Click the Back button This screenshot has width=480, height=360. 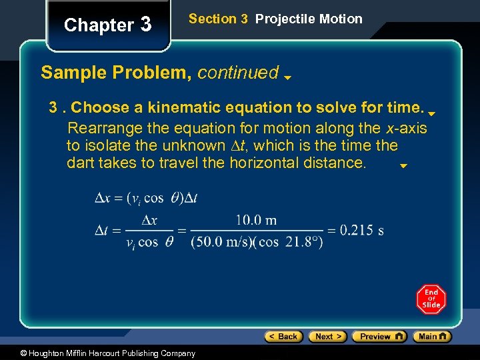point(283,337)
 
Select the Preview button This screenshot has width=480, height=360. point(379,337)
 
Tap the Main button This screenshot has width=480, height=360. point(432,337)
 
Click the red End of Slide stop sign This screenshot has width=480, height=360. point(431,299)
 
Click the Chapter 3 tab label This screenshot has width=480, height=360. point(107,25)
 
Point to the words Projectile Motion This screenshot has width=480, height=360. point(309,19)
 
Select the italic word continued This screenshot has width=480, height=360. point(237,72)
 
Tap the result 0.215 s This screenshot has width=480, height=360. point(361,231)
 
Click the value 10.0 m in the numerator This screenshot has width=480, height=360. point(256,220)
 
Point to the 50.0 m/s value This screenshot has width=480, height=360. point(221,242)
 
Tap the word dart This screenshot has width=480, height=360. point(79,163)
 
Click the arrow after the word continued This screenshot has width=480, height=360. point(287,77)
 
